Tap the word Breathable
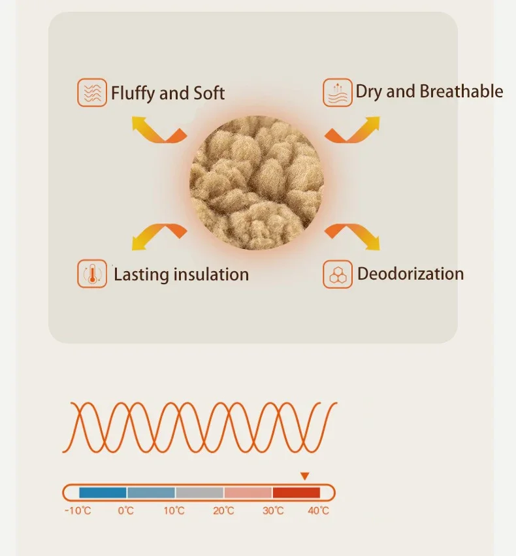461,91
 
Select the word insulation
210,274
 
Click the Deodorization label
410,274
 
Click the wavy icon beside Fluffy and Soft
92,93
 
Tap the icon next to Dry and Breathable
338,92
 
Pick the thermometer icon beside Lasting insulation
92,274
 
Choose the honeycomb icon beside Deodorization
338,274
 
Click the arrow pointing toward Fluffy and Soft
157,130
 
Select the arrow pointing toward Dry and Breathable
353,130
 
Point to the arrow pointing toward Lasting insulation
157,237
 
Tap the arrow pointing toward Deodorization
353,237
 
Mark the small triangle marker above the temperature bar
304,476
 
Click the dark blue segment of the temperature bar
103,493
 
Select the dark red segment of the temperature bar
296,493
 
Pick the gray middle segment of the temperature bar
199,493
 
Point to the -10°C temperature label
78,510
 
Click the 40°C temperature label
318,510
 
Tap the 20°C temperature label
223,510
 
